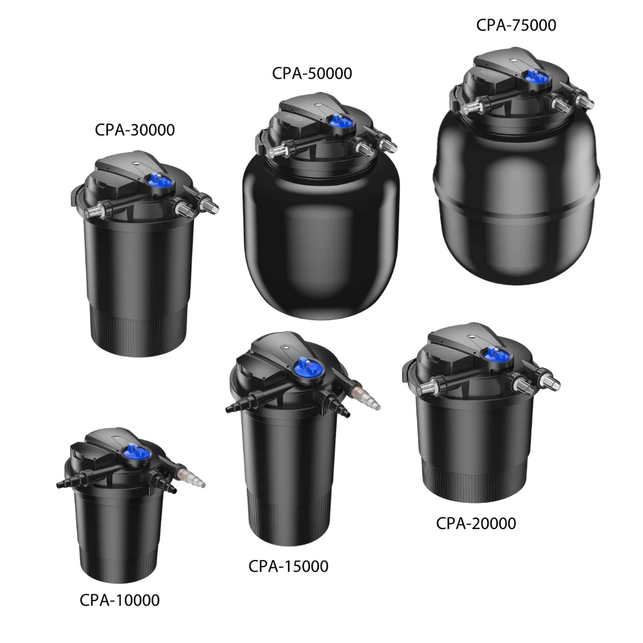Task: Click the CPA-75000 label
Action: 516,26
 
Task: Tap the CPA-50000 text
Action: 312,74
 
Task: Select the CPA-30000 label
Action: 135,130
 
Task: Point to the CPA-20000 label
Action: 476,523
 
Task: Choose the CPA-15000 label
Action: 288,566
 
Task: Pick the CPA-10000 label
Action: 120,601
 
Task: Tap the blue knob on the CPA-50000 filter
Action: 339,121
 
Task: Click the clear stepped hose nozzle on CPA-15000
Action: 367,395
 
